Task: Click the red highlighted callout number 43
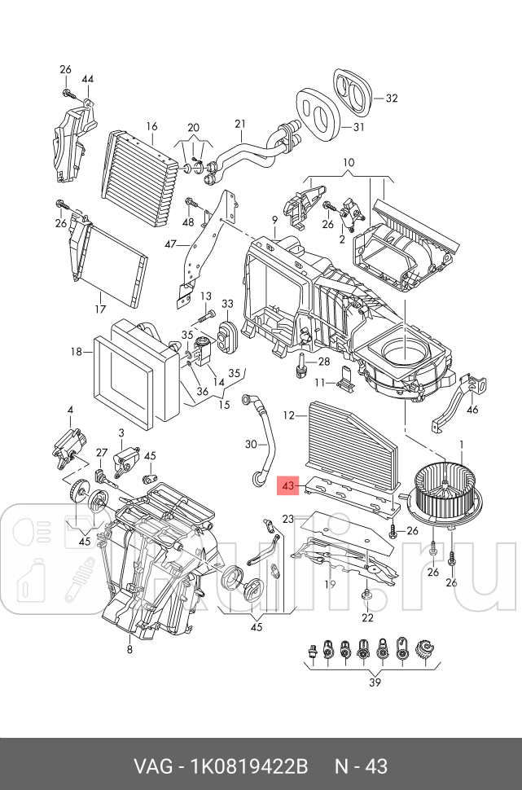coord(287,486)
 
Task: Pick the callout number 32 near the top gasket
coord(392,99)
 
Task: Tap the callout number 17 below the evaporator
coord(99,309)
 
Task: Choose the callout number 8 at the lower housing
coord(129,649)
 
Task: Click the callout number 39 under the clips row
coord(375,682)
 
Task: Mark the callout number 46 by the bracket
coord(472,410)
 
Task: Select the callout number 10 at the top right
coord(348,163)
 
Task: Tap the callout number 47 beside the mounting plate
coord(170,244)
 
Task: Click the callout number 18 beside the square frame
coord(77,353)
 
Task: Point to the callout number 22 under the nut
coord(367,617)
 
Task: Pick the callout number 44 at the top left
coord(88,79)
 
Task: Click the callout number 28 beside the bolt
coord(323,362)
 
